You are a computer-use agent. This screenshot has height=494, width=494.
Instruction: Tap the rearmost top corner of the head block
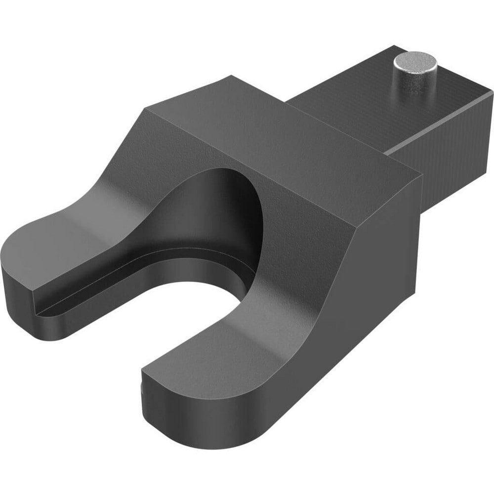click(x=231, y=78)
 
